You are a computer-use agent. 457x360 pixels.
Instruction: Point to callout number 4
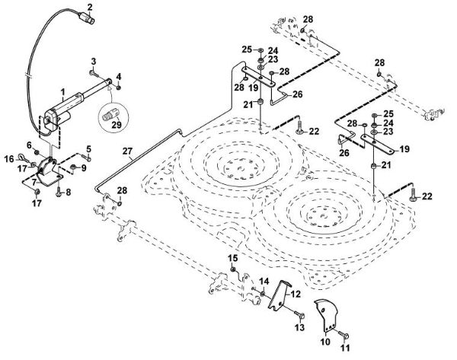[119, 77]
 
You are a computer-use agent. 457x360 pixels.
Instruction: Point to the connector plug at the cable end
[86, 19]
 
